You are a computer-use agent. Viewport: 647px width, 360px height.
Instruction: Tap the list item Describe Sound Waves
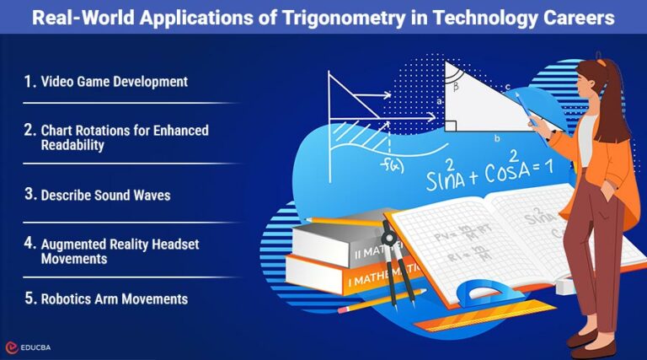click(105, 195)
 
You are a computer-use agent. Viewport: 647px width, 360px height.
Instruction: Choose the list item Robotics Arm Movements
click(114, 299)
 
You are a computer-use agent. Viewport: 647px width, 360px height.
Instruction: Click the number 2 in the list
click(29, 131)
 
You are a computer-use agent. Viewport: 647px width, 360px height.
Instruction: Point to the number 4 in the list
click(29, 244)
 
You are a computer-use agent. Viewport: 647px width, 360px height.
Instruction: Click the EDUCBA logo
click(34, 347)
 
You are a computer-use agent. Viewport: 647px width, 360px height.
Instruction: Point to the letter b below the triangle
click(496, 138)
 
